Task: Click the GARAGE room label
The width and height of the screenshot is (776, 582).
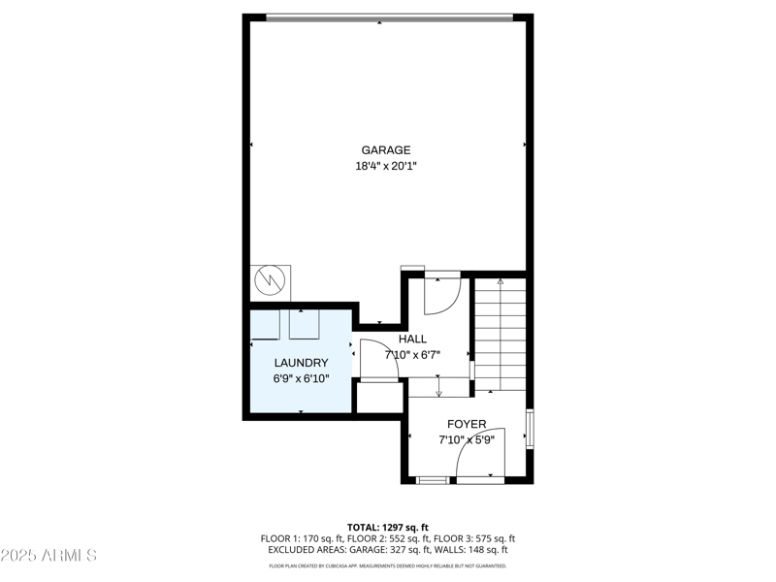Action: [386, 150]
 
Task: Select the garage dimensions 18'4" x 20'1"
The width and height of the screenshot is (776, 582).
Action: [386, 166]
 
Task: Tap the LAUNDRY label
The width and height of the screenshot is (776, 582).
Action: [301, 363]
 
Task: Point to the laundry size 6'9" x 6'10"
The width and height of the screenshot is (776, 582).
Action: [301, 378]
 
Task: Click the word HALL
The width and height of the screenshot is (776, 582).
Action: [412, 339]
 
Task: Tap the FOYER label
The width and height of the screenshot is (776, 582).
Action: [467, 425]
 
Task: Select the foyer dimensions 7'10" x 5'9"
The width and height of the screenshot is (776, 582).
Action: [467, 439]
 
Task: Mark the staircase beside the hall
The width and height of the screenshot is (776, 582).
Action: [500, 335]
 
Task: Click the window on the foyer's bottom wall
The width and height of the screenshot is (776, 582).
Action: [433, 479]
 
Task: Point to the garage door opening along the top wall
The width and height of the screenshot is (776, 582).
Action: [389, 16]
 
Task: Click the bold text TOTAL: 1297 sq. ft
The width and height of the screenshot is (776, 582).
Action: [387, 527]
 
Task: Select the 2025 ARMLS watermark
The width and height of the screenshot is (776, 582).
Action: [48, 556]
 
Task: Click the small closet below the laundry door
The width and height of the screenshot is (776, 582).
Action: [378, 399]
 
